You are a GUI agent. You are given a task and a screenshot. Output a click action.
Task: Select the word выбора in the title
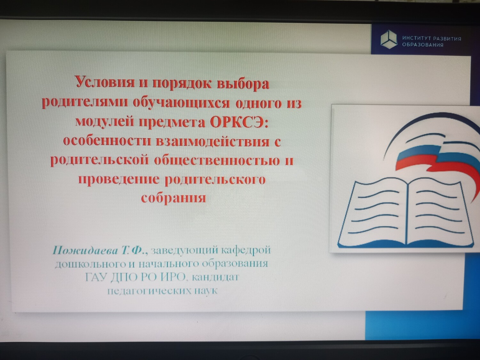click(x=243, y=84)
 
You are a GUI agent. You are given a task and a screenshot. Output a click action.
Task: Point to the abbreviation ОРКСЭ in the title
click(x=239, y=123)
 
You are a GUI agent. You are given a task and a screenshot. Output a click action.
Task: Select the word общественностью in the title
click(x=217, y=160)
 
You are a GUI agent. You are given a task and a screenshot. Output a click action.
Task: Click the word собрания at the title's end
click(x=173, y=198)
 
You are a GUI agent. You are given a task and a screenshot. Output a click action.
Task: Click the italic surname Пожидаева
click(x=85, y=251)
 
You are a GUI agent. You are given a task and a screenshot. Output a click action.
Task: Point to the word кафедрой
click(x=246, y=251)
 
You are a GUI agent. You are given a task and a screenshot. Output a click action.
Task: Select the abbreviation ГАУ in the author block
click(x=96, y=277)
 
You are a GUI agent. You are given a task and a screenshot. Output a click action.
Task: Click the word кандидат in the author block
click(x=215, y=277)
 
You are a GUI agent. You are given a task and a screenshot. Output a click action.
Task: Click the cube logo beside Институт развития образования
click(x=388, y=39)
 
